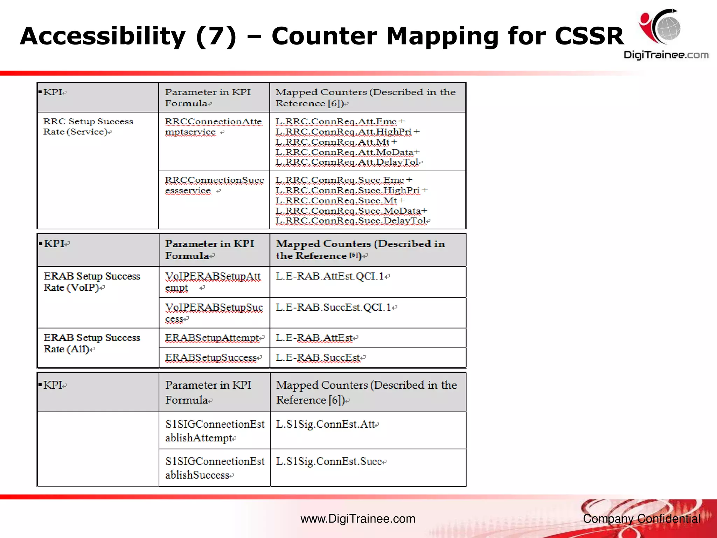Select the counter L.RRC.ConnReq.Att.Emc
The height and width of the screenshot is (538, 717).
[336, 122]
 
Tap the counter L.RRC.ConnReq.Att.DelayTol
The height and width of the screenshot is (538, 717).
[347, 162]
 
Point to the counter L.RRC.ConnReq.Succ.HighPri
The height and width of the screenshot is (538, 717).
[347, 190]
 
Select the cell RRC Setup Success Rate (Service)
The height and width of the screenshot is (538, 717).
[88, 126]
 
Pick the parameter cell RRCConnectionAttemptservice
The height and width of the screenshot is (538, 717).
[213, 126]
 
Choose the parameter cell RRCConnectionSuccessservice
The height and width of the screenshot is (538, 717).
[214, 185]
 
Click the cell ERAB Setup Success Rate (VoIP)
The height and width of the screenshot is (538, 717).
[92, 282]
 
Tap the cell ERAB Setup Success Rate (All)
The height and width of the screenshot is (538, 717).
[92, 343]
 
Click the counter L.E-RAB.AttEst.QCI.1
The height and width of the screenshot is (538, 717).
[329, 276]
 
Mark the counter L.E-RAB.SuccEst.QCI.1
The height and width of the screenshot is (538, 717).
[333, 308]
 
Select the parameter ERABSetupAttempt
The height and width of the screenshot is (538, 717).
[212, 338]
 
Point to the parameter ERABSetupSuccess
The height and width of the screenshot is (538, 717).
[211, 358]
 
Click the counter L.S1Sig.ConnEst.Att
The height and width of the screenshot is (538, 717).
[325, 425]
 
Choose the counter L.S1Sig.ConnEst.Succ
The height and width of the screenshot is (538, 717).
[329, 462]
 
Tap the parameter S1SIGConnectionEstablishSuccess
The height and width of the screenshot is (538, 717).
[215, 468]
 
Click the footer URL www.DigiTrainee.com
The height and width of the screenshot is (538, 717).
[358, 519]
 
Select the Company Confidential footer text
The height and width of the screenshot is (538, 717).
[641, 519]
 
